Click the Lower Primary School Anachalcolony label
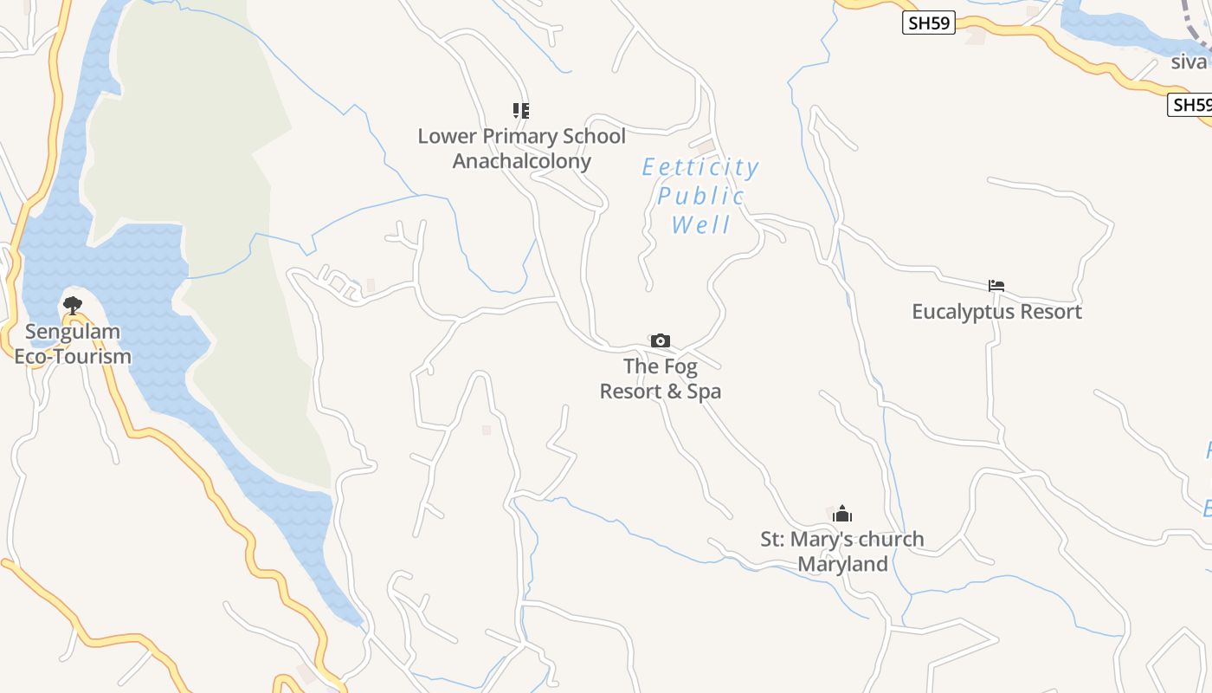[x=521, y=148]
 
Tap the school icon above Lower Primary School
[x=520, y=110]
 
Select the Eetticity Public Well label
[x=700, y=196]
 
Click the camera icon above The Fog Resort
[x=661, y=340]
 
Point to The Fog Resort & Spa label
[x=661, y=379]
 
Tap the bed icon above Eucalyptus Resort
[x=996, y=285]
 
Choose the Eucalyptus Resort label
[x=996, y=312]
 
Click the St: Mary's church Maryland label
[x=842, y=551]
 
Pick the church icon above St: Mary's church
[x=842, y=515]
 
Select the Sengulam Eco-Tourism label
[x=73, y=344]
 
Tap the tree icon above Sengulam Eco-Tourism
[x=73, y=305]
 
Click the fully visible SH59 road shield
[x=928, y=23]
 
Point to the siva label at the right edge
[x=1189, y=62]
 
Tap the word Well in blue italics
[x=701, y=225]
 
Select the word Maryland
[x=842, y=565]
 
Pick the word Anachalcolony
[x=521, y=161]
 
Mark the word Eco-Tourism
[x=73, y=356]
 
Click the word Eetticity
[x=700, y=167]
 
